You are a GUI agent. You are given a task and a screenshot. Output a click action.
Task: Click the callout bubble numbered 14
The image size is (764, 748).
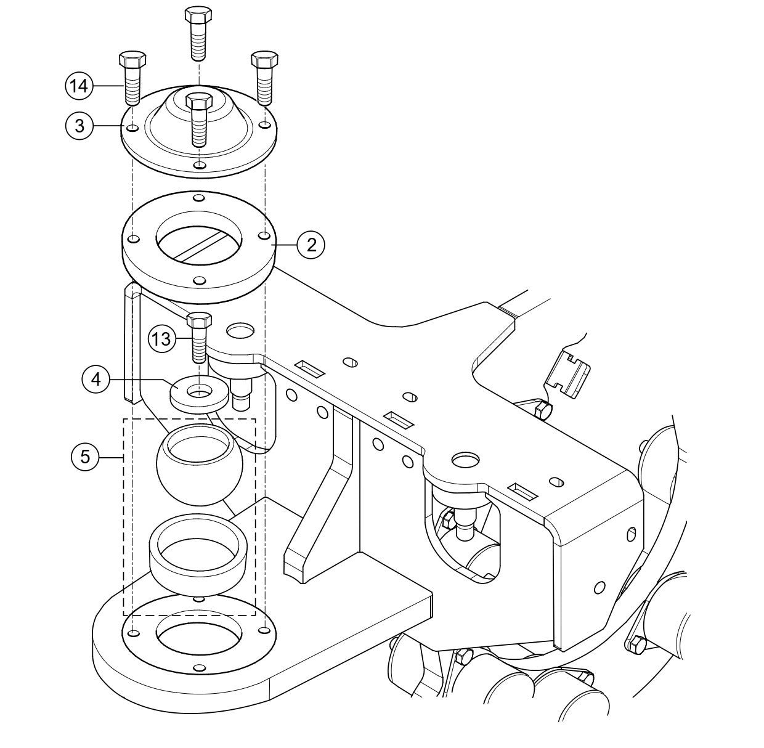coord(78,87)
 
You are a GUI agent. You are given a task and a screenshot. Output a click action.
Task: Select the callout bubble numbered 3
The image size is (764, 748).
coord(78,126)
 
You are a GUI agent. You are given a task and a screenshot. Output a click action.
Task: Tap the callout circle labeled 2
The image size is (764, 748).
coord(311,245)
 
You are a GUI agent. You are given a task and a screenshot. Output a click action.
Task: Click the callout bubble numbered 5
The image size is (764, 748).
coord(84,457)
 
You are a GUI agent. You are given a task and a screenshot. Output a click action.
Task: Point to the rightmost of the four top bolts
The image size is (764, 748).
coord(264,78)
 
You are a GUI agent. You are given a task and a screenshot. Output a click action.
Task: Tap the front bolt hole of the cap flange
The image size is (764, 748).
coord(198,166)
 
